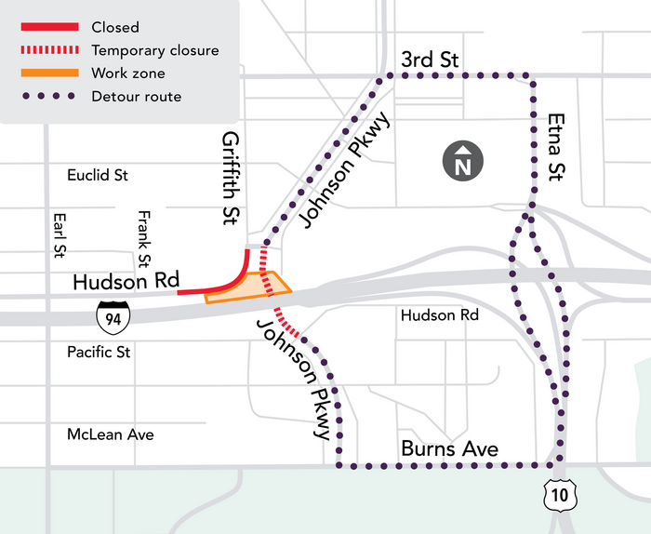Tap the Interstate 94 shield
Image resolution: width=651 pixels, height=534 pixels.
pyautogui.click(x=113, y=317)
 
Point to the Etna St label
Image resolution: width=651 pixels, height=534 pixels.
pyautogui.click(x=556, y=145)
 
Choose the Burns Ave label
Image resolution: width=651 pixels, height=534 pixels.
pyautogui.click(x=449, y=449)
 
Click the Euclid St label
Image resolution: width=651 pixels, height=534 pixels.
pyautogui.click(x=98, y=175)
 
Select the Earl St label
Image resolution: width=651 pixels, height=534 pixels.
pyautogui.click(x=60, y=237)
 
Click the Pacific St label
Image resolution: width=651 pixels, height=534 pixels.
pyautogui.click(x=99, y=353)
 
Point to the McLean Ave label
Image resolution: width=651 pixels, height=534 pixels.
pyautogui.click(x=110, y=434)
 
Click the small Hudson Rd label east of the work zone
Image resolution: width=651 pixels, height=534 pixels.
pyautogui.click(x=439, y=315)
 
